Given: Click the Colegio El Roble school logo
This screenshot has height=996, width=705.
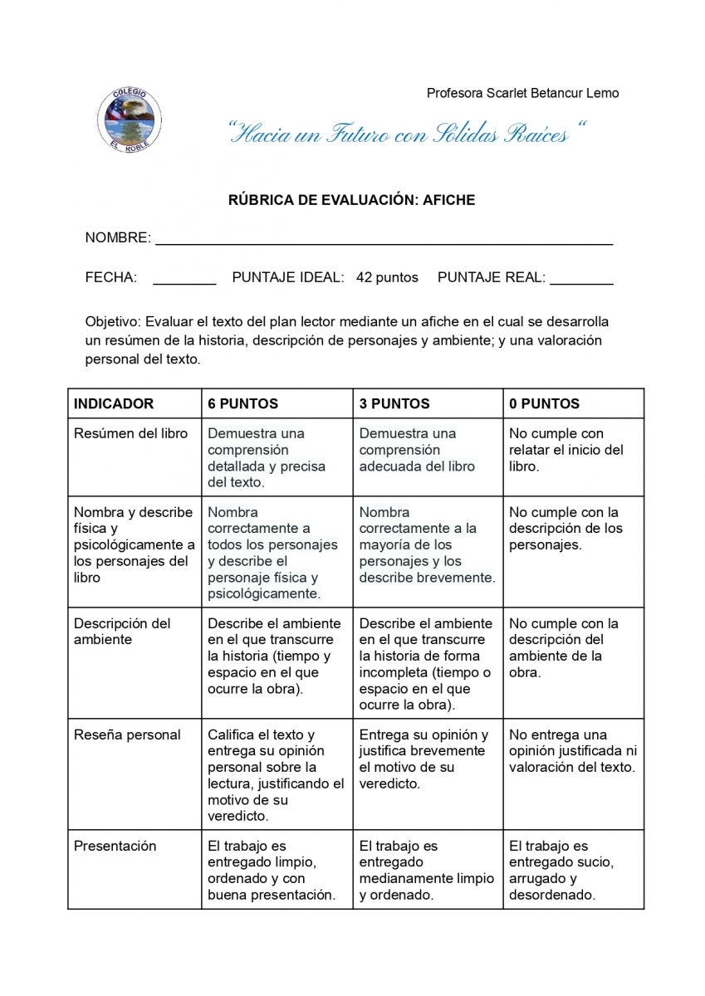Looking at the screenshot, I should (x=128, y=119).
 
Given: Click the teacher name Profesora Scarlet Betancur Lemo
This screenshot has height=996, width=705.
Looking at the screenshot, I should (x=522, y=93).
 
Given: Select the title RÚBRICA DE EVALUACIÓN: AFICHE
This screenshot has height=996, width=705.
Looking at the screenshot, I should (x=351, y=200).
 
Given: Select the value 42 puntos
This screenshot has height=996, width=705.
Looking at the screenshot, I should (x=387, y=277).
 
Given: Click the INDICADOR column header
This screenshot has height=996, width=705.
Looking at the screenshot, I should (x=114, y=403).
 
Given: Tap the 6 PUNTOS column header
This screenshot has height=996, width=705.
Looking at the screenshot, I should (x=242, y=403).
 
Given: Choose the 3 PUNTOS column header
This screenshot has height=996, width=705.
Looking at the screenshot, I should (x=394, y=403).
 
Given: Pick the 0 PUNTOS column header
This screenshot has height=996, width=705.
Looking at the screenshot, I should (x=544, y=403).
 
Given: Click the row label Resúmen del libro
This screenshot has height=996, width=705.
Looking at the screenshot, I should (x=131, y=433).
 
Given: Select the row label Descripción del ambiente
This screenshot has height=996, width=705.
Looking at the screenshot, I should (x=122, y=631).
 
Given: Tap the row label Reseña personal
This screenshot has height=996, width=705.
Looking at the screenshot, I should (x=127, y=735).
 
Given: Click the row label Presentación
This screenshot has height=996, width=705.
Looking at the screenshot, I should (x=115, y=846).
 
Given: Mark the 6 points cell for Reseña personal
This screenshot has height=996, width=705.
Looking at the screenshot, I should (x=276, y=774).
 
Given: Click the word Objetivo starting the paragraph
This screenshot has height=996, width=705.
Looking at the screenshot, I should (x=113, y=321).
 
